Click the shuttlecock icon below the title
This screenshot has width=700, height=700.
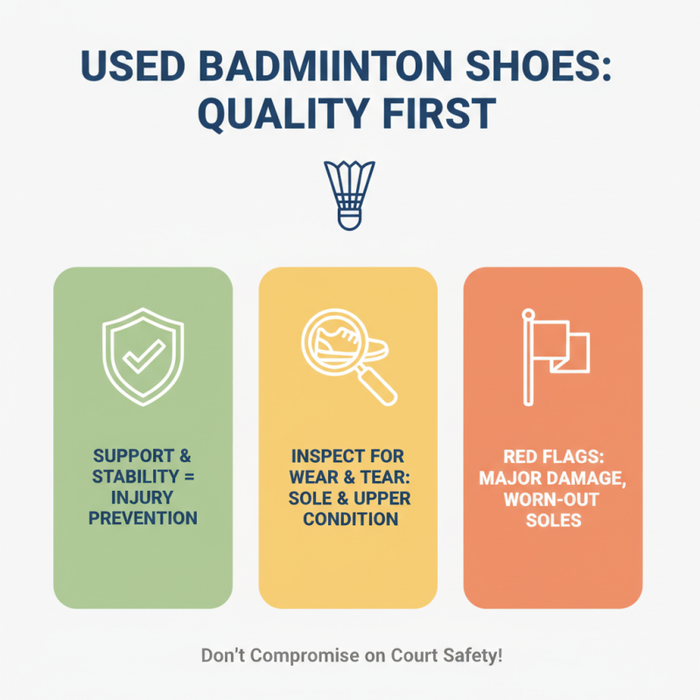pyautogui.click(x=349, y=195)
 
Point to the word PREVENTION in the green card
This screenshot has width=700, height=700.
pyautogui.click(x=143, y=518)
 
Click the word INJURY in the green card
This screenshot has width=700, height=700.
pyautogui.click(x=143, y=497)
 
